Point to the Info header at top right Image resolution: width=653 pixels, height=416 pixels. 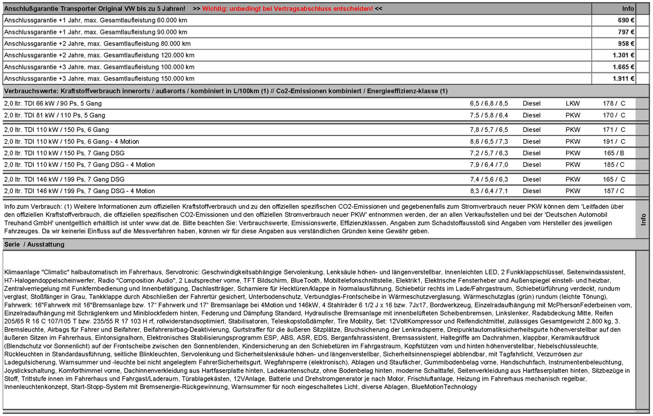click(x=628, y=9)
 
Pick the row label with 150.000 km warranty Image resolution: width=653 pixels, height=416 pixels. click(x=99, y=79)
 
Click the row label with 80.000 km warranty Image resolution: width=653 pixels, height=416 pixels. click(x=97, y=44)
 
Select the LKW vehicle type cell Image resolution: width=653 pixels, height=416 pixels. click(x=573, y=104)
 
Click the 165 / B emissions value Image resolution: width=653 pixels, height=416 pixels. click(x=614, y=153)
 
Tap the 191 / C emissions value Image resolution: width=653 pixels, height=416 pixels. click(x=614, y=142)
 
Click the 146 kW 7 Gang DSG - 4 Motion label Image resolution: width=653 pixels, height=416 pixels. click(x=79, y=191)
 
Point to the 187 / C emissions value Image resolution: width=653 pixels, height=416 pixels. click(x=614, y=191)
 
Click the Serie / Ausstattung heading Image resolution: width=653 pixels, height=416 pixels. click(x=34, y=245)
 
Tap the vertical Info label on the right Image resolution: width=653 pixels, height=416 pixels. click(x=643, y=219)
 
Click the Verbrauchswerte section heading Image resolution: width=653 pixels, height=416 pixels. click(x=226, y=91)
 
